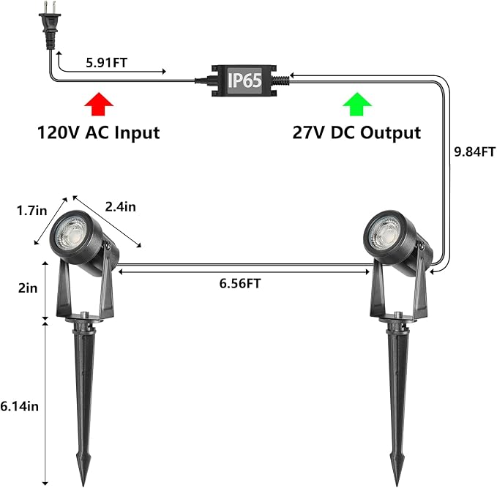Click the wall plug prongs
(x=50, y=7)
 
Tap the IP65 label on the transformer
(x=244, y=80)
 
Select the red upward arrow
(x=99, y=104)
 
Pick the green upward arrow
(x=357, y=104)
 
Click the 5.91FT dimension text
(x=107, y=63)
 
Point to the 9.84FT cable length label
(x=474, y=151)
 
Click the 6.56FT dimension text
(x=240, y=283)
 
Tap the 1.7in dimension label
(x=31, y=211)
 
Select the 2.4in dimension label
(x=121, y=206)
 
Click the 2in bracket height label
(x=28, y=288)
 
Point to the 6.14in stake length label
(x=19, y=406)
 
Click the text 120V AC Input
(x=99, y=132)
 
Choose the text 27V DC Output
(x=356, y=132)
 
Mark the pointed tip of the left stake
(x=83, y=485)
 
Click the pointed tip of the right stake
(x=397, y=484)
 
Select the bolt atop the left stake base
(x=84, y=315)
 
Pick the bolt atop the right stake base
(x=397, y=315)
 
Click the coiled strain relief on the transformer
(x=282, y=80)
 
